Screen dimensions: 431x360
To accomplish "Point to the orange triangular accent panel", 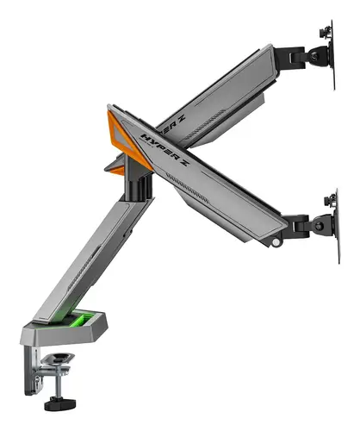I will pos(120,129).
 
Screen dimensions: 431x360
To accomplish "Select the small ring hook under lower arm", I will pos(275,245).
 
